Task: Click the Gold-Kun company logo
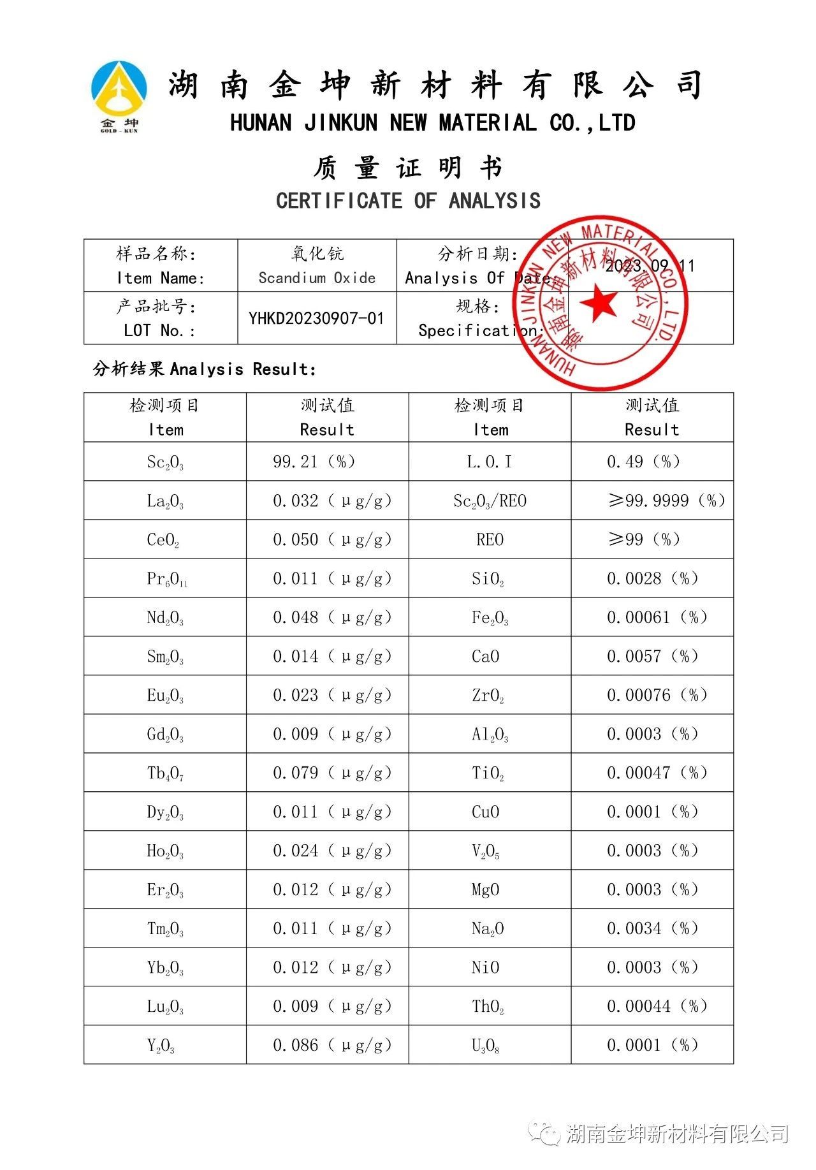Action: tap(119, 96)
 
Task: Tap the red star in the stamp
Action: tap(599, 302)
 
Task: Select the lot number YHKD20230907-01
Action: tap(316, 318)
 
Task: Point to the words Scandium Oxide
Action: tap(317, 278)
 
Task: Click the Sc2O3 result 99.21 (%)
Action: tap(314, 462)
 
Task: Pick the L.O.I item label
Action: tap(489, 462)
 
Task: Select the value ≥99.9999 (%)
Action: tap(666, 501)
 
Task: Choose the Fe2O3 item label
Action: tap(490, 618)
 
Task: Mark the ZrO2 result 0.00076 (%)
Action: tap(657, 695)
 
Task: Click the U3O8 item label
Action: tap(485, 1046)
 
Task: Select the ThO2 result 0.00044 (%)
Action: tap(657, 1006)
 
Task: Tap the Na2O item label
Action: tap(488, 929)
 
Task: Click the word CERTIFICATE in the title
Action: tap(339, 201)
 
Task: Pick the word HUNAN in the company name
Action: tap(261, 122)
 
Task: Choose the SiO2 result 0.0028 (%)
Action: tap(652, 579)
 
